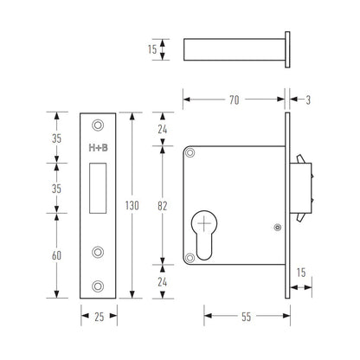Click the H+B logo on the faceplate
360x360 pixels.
[x=98, y=148]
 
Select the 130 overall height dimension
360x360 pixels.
[x=132, y=205]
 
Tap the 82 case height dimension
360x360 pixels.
[x=163, y=206]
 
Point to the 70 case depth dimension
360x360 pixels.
[x=235, y=100]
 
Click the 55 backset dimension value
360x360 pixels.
[x=247, y=317]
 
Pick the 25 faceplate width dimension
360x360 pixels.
[x=100, y=317]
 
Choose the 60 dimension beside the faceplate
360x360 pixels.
[x=56, y=255]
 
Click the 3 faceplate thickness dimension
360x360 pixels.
[x=308, y=100]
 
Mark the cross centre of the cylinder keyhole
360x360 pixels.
[x=204, y=223]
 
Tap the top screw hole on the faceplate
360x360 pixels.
[x=98, y=125]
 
